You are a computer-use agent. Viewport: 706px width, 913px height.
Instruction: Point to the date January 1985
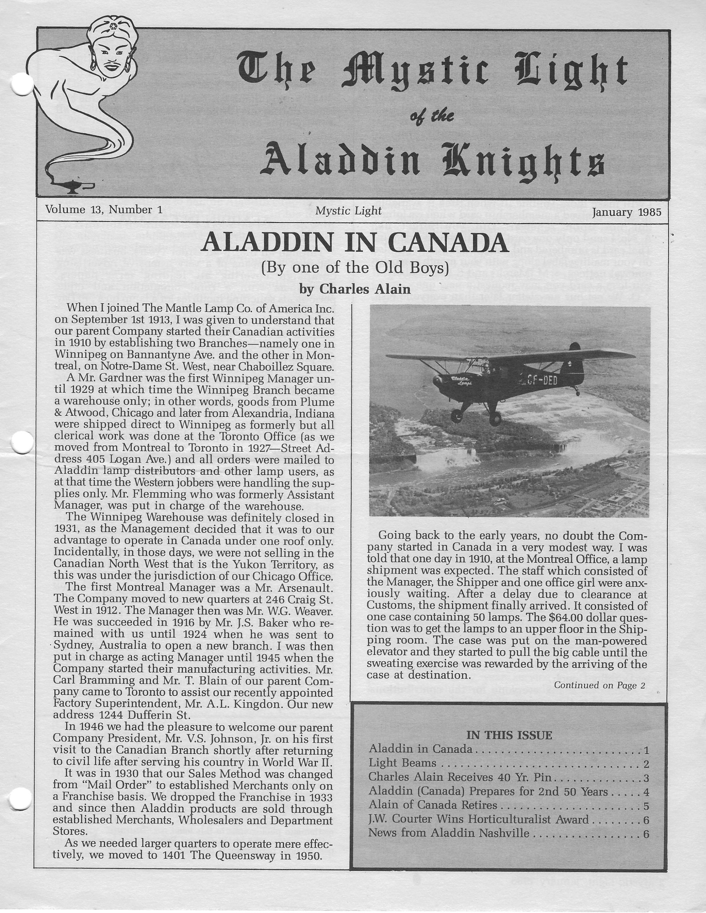click(626, 212)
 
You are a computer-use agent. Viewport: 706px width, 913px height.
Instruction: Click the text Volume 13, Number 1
click(104, 209)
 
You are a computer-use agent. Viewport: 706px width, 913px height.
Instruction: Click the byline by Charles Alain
click(355, 289)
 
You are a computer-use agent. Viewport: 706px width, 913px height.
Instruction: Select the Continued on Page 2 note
click(599, 685)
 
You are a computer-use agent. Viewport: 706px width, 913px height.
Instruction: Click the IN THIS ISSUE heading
click(509, 735)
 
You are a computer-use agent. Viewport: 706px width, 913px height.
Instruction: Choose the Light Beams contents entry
click(402, 763)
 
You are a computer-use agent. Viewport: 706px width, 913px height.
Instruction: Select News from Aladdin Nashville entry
click(449, 833)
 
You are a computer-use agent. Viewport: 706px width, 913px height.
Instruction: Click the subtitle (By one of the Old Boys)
click(354, 267)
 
